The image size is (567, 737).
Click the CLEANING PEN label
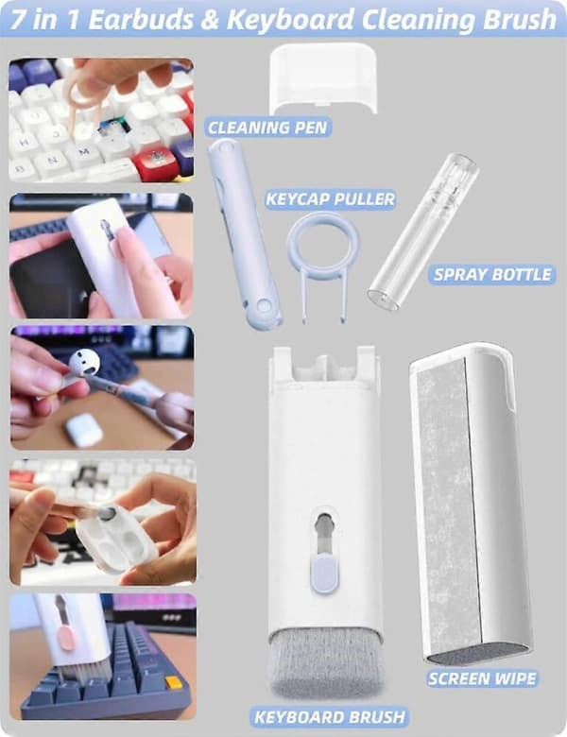[x=267, y=128]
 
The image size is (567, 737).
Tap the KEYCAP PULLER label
[x=330, y=198]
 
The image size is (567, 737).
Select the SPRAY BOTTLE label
[x=491, y=275]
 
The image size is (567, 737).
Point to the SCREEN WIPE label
[x=482, y=678]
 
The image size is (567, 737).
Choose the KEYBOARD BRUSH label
[x=329, y=717]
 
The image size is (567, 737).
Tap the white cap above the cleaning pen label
[x=323, y=77]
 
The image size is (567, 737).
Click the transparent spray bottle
[x=423, y=231]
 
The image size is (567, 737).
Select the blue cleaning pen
[x=245, y=234]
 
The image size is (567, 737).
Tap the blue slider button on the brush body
[x=323, y=574]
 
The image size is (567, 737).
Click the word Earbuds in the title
[x=141, y=20]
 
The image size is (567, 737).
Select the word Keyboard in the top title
[x=290, y=20]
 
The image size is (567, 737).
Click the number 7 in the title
[x=17, y=20]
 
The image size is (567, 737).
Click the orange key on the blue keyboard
[x=173, y=682]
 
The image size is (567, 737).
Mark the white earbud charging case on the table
[x=84, y=430]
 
